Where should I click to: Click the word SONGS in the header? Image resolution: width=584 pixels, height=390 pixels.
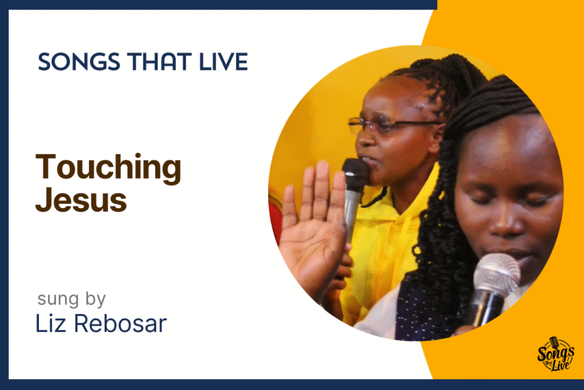click(79, 62)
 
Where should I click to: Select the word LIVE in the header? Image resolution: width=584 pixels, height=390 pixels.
click(224, 62)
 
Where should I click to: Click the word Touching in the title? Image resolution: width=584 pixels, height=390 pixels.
click(109, 169)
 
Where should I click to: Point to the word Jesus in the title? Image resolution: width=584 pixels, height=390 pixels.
click(81, 200)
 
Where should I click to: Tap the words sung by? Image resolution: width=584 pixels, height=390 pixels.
click(72, 299)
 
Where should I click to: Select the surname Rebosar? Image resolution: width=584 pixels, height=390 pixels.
click(121, 323)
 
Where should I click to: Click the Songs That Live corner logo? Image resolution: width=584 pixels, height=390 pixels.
click(555, 354)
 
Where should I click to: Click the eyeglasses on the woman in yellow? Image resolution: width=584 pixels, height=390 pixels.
click(391, 125)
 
